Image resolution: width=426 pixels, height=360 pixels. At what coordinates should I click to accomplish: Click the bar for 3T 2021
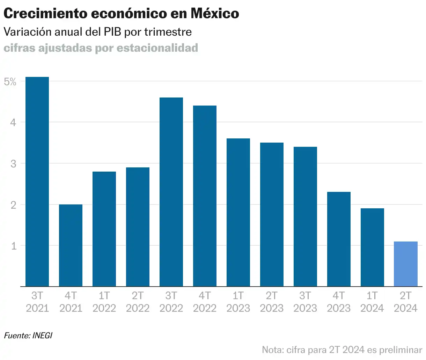(37, 182)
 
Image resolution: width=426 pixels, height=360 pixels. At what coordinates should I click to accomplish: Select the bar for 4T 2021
(71, 245)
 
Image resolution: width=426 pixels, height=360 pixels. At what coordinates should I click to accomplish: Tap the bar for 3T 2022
(171, 192)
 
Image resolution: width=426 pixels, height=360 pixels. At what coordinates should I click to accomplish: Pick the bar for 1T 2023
(238, 213)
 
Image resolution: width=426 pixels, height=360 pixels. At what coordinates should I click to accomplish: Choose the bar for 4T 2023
(339, 239)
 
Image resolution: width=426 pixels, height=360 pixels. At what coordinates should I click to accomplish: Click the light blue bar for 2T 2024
(406, 264)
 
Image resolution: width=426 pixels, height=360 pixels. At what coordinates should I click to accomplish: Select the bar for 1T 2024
(372, 247)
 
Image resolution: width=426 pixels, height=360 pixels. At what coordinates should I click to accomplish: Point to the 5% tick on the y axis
(10, 82)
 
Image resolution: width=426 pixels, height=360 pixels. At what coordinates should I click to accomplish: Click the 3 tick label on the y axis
(14, 164)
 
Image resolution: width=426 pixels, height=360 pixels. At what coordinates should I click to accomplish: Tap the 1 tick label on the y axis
(14, 246)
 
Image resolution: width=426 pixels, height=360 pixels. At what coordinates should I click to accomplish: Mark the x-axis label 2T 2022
(138, 302)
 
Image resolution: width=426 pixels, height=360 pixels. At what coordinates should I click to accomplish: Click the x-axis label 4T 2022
(205, 302)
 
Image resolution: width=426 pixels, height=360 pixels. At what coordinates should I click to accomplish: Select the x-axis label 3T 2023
(305, 302)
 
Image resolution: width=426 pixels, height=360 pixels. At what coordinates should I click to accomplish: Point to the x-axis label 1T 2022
(104, 302)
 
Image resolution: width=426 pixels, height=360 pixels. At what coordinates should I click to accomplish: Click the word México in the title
(215, 13)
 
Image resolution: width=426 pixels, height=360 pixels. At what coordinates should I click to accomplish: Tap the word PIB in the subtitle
(112, 32)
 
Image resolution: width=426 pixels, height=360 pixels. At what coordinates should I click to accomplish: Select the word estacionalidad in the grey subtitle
(157, 48)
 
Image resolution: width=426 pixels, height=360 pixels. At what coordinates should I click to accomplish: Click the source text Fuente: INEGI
(28, 336)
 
